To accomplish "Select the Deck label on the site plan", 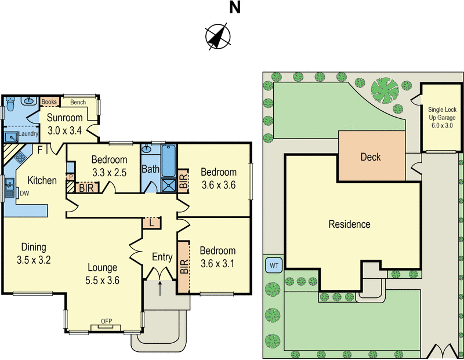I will pos(371,157).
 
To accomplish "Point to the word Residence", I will pos(349,224).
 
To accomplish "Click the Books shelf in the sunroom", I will pos(50,103).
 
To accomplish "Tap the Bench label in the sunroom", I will pos(78,103).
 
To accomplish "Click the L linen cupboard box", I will pos(151,223).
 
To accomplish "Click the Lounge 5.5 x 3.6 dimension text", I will pos(103,273).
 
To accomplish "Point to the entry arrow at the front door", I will pos(160,283).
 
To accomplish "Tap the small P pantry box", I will pos(71,177).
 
